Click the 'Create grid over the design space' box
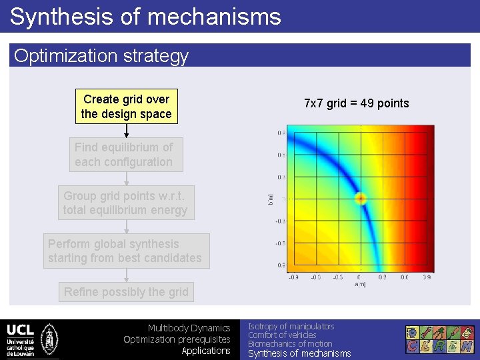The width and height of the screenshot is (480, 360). coord(126,107)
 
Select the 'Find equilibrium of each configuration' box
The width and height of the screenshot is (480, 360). coord(126,155)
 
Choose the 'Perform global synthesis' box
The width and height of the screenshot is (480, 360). coord(126,251)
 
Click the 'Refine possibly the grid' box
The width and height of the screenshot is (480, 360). coord(126,291)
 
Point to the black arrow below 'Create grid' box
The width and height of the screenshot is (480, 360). coord(126,131)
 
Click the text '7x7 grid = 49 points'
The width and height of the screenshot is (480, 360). coord(356,103)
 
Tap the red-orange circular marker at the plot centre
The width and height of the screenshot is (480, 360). coord(361,198)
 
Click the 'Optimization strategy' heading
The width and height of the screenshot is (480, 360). coord(101,56)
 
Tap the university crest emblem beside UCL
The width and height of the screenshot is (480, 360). coord(49,339)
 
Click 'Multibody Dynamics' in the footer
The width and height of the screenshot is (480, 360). coord(189,328)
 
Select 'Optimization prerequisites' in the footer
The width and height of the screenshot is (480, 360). coord(177,339)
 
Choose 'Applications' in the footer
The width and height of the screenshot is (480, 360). coord(205,351)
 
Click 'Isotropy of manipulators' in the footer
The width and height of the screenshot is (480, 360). coord(291,326)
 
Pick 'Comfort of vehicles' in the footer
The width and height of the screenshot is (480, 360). coord(282,335)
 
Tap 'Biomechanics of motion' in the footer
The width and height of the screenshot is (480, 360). coord(290,344)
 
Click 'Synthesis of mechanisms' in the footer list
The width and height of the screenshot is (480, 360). coord(299,353)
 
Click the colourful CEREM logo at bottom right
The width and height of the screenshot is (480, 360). coord(440,339)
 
